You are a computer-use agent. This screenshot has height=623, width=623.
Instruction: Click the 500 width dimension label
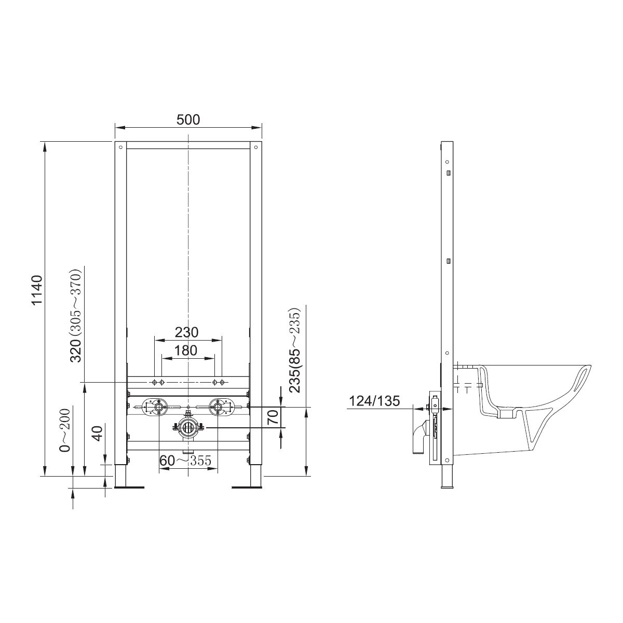[x=188, y=119]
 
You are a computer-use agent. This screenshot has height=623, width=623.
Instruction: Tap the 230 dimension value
[x=186, y=332]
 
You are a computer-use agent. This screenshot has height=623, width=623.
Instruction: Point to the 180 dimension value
[x=186, y=350]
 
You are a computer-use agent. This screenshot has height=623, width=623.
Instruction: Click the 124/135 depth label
[x=374, y=401]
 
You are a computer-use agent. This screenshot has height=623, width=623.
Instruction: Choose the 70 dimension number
[x=273, y=417]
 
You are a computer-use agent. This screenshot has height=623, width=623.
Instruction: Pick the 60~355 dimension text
[x=185, y=461]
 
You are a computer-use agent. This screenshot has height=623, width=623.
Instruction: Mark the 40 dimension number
[x=97, y=434]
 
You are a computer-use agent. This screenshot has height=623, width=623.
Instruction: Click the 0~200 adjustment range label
[x=65, y=430]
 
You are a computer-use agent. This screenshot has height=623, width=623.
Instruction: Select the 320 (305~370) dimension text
[x=77, y=315]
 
